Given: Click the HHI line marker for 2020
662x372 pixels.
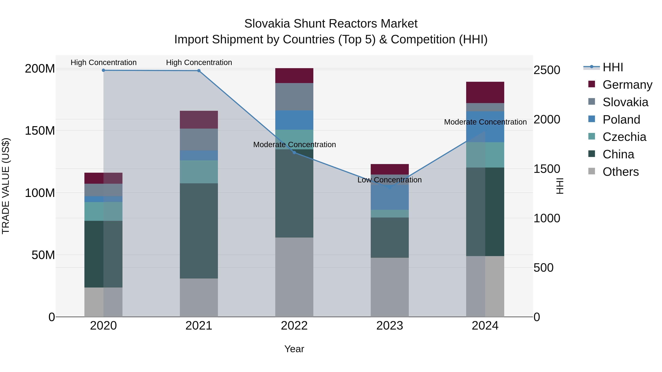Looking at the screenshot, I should tap(103, 70).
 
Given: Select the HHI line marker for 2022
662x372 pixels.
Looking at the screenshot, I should tap(294, 152).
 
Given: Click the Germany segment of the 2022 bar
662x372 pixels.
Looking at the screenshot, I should tap(294, 76).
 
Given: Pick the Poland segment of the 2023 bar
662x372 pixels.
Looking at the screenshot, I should tap(390, 197).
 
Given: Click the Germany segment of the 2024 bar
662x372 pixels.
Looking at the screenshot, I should tap(485, 92).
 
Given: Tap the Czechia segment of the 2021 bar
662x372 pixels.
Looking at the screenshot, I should tap(199, 172).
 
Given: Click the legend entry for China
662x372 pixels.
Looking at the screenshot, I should tap(618, 154).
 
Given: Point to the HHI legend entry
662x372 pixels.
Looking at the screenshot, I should tap(612, 67).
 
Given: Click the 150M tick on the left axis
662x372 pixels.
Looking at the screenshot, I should tap(40, 131).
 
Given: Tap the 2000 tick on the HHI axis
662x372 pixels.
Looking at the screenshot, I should tap(547, 119).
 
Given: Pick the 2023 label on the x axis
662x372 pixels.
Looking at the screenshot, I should tap(390, 326).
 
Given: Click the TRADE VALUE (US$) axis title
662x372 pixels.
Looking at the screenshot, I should tap(6, 186).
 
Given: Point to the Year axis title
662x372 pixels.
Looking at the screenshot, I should tap(294, 349).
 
